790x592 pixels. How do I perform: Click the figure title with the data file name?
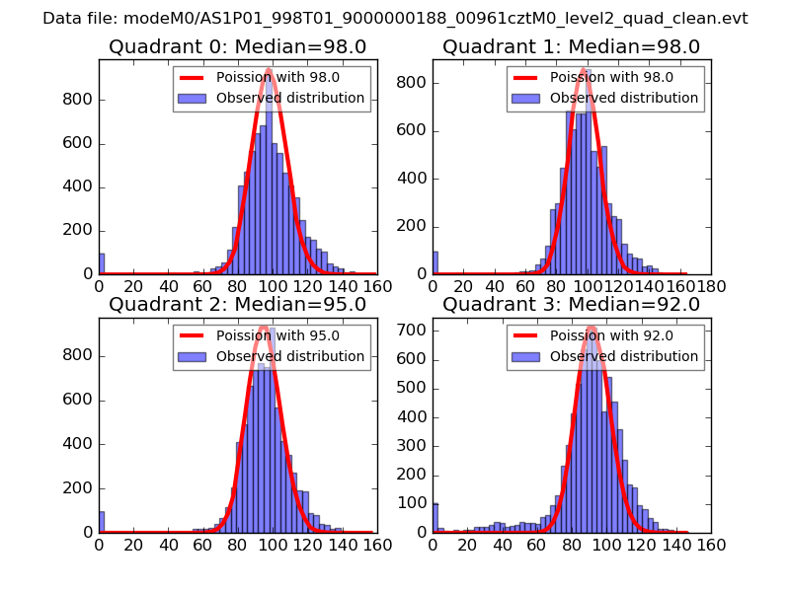[x=395, y=19]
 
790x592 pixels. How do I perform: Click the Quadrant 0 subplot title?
[x=237, y=46]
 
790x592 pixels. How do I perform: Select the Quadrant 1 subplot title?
[x=571, y=46]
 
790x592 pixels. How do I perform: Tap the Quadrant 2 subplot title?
[x=237, y=304]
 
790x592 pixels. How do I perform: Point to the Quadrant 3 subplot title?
[x=571, y=304]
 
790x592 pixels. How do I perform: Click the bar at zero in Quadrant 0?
[x=101, y=263]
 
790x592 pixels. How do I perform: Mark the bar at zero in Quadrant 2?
[x=101, y=522]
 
